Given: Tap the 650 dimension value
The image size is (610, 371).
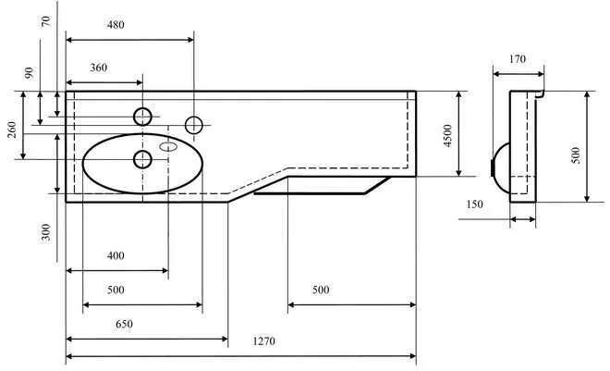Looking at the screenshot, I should (124, 325).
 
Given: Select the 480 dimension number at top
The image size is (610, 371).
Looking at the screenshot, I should (116, 24).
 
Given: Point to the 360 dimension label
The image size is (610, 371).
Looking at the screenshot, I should (99, 68).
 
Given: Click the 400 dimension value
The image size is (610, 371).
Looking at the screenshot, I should (116, 255).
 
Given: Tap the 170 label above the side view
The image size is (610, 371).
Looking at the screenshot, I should (518, 59).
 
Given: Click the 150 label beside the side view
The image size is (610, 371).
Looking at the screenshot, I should (474, 204).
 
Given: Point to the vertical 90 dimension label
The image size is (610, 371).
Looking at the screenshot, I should (28, 73).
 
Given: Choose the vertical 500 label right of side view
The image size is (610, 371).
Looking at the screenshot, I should (575, 155).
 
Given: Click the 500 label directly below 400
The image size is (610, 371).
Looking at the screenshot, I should (116, 290).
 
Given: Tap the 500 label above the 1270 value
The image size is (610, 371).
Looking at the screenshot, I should (320, 290).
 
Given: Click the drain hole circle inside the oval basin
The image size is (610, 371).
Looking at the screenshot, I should (142, 159).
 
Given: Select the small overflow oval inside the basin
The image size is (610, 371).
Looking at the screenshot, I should (169, 145).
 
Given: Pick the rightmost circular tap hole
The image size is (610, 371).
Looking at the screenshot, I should (194, 124).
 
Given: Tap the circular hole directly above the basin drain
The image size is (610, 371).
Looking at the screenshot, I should (142, 116).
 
